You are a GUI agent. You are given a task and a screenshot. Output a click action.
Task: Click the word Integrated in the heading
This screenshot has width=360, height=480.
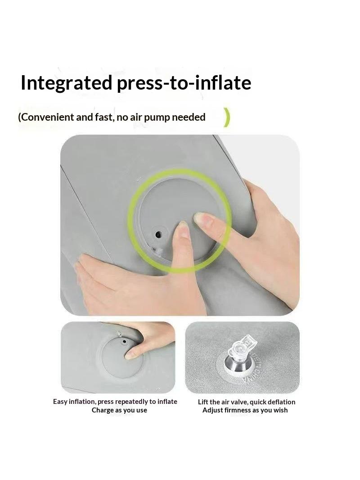(x=66, y=83)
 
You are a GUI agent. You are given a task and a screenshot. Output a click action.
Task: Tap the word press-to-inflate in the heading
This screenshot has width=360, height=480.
(x=184, y=83)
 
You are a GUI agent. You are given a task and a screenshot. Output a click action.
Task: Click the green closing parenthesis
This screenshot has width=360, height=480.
(x=226, y=117)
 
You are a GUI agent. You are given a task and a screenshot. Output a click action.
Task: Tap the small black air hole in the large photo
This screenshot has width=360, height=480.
(x=158, y=235)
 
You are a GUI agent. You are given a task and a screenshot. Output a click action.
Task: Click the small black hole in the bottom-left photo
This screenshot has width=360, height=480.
(x=124, y=341)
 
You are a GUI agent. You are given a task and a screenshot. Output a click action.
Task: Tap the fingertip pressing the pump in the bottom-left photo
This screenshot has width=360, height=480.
(x=130, y=355)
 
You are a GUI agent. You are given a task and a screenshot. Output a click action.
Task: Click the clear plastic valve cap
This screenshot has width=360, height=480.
(x=240, y=347)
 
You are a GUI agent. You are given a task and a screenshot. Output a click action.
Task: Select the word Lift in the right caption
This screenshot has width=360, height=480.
(x=203, y=402)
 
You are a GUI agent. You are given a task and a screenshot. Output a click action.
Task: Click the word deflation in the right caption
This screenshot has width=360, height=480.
(x=281, y=402)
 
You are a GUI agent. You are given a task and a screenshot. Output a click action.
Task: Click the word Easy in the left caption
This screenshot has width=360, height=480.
(x=60, y=402)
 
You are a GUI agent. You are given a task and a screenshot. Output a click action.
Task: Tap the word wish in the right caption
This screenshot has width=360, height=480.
(x=281, y=410)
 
